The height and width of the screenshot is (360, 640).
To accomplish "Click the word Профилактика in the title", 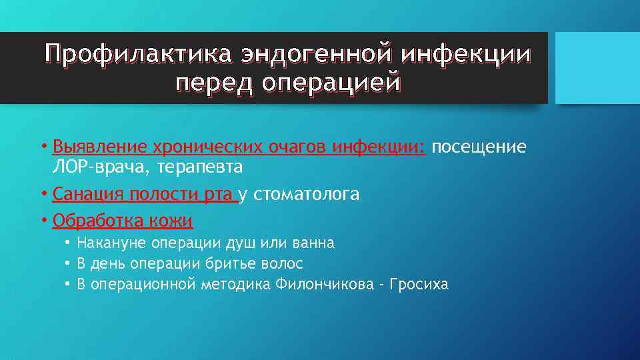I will point(135,55).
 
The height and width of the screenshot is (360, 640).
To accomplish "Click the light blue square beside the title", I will point(597,68).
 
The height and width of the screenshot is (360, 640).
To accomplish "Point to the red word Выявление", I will point(99,146).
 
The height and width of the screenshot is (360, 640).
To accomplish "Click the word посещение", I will point(479,146).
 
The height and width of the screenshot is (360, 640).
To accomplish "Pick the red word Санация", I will point(83,194).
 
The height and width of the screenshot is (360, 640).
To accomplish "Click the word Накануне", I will point(112,243).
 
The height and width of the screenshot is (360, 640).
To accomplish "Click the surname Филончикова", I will point(327,285).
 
